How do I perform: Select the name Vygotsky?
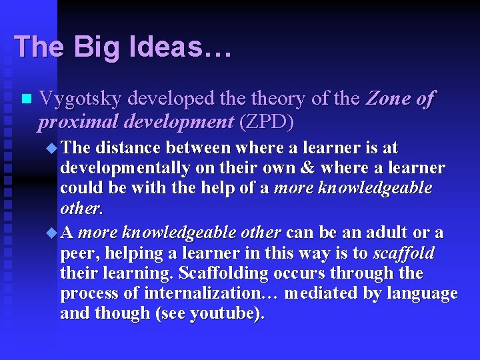80,99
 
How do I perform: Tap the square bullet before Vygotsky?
26,100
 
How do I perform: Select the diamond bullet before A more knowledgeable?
53,233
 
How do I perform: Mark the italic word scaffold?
404,254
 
